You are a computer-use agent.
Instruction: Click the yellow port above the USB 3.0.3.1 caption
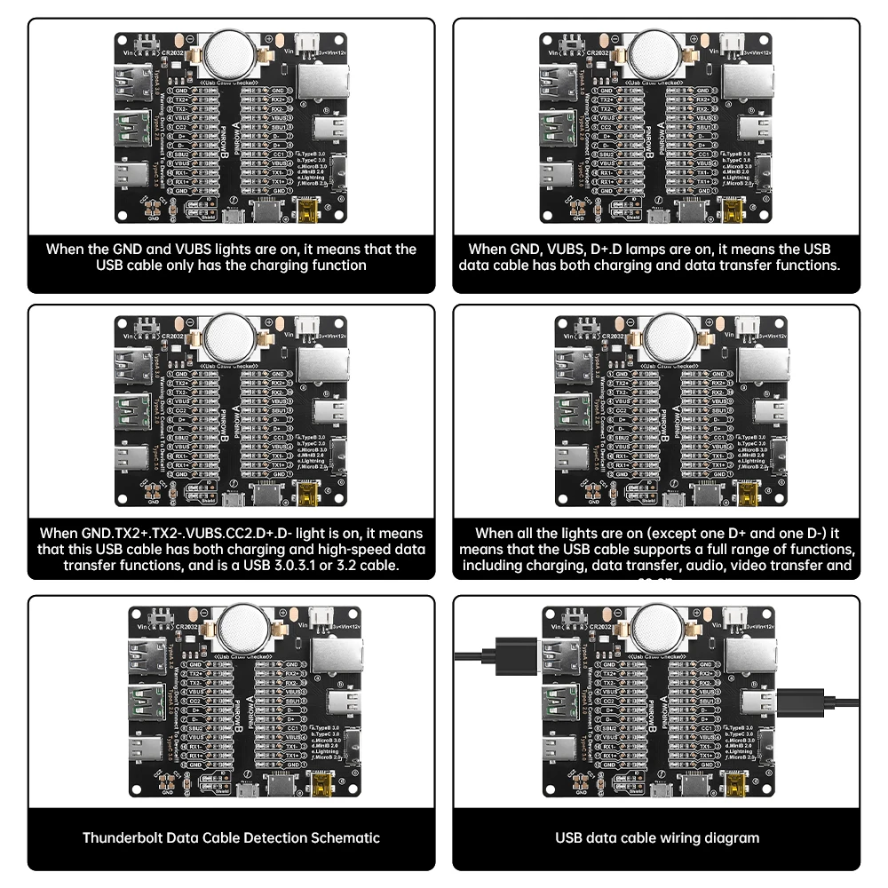pos(308,494)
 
